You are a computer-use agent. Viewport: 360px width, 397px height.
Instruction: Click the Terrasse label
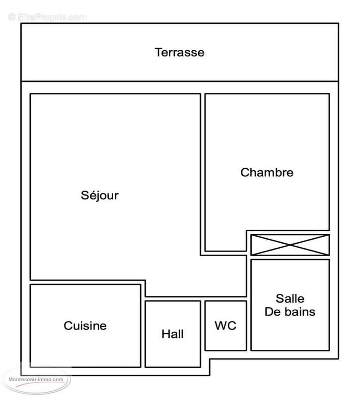[x=179, y=52]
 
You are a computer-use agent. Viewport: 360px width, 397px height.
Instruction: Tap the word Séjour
[x=100, y=195]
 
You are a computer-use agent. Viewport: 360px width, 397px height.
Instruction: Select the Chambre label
[x=267, y=173]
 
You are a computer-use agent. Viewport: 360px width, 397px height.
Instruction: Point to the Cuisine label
[x=85, y=326]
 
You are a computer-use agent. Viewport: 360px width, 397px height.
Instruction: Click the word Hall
[x=172, y=334]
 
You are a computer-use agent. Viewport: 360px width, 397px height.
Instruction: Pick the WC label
[x=225, y=326]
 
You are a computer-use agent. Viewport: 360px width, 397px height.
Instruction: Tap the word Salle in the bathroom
[x=290, y=299]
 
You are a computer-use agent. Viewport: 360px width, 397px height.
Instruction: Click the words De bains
[x=290, y=312]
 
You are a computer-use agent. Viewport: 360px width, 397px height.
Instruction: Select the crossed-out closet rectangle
[x=290, y=245]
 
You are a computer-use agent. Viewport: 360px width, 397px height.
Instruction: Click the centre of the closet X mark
[x=290, y=245]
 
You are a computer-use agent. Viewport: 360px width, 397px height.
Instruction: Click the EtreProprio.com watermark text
[x=48, y=17]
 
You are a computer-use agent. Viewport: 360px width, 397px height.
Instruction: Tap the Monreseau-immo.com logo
[x=36, y=380]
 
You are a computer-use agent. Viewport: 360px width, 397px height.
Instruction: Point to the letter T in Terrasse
[x=158, y=52]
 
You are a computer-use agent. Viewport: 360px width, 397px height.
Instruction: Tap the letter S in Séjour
[x=85, y=195]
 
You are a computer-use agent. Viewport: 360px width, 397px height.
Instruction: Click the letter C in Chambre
[x=244, y=173]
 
